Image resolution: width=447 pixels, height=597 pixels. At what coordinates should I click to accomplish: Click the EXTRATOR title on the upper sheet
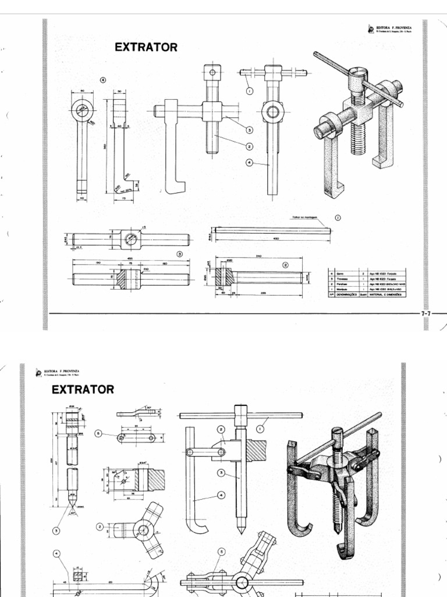click(147, 48)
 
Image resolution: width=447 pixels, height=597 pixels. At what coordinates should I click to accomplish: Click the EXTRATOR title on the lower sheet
click(83, 389)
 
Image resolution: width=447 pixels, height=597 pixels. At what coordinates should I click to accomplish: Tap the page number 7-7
click(425, 313)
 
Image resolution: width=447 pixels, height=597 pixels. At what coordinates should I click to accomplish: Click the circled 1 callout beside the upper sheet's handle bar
click(249, 91)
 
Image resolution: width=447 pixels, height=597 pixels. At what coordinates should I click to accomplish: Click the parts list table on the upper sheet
click(366, 283)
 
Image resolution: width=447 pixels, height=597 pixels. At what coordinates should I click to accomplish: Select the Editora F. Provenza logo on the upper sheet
click(372, 27)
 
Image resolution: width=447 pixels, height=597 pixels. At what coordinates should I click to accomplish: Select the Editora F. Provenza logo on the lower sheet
click(38, 371)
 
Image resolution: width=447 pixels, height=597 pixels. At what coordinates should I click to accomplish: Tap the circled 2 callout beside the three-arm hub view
click(100, 526)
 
